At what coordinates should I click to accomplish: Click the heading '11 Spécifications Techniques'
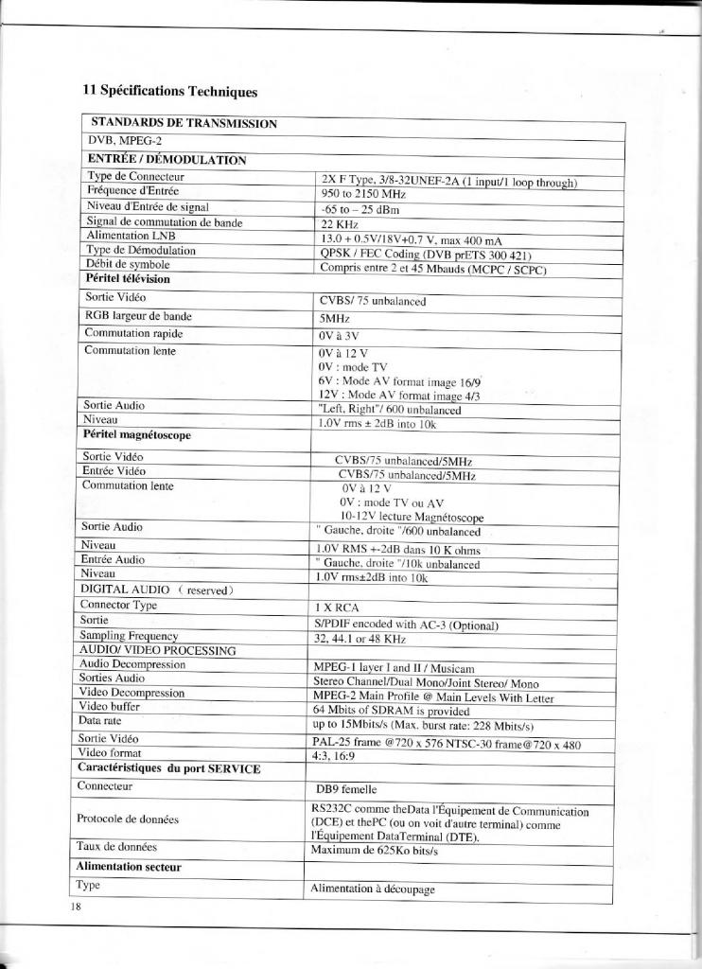click(x=169, y=92)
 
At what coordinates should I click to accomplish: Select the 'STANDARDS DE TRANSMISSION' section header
click(x=184, y=124)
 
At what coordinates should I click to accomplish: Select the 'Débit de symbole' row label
click(x=128, y=264)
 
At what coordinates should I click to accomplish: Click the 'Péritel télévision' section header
click(x=128, y=279)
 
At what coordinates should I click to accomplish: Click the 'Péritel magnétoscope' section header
click(x=137, y=435)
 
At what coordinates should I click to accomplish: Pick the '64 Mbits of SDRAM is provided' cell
click(x=391, y=710)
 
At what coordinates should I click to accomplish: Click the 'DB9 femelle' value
click(x=346, y=788)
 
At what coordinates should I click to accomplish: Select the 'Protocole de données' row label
click(x=128, y=819)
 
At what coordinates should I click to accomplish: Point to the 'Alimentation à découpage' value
click(x=373, y=889)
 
